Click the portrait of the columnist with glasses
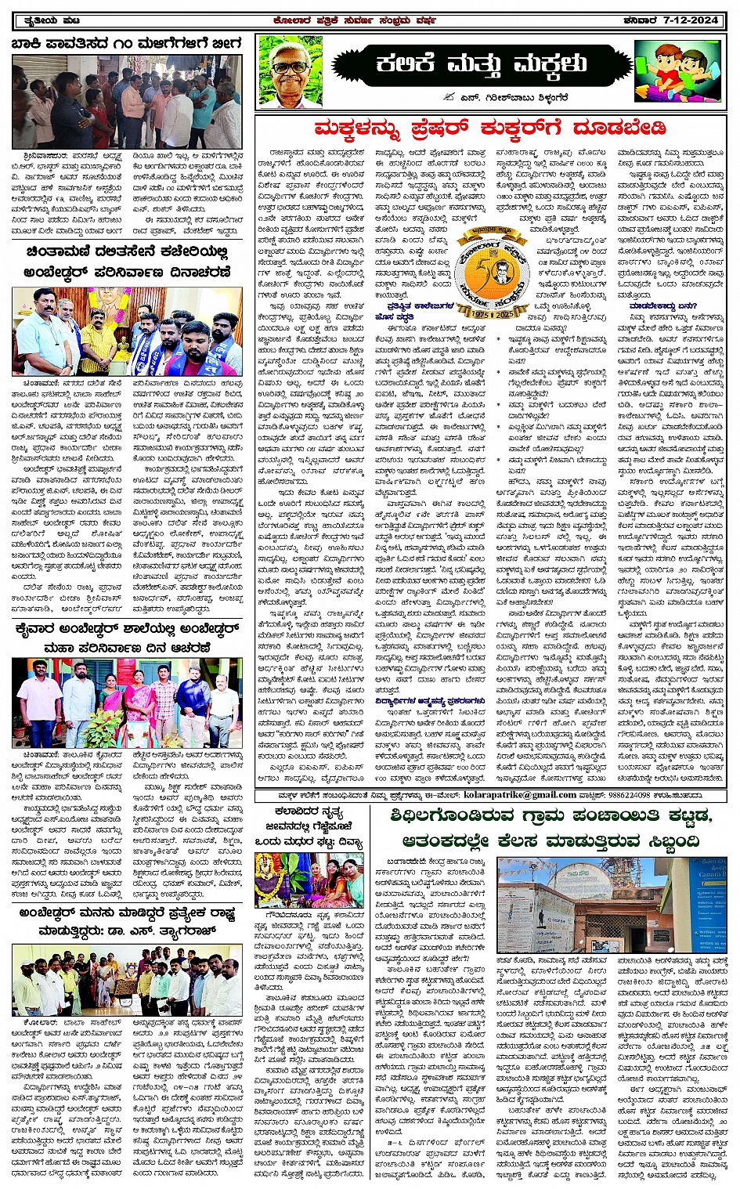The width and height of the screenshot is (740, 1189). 290,72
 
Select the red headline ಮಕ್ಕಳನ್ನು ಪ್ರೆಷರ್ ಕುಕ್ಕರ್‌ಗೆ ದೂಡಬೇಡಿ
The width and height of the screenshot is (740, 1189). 489,128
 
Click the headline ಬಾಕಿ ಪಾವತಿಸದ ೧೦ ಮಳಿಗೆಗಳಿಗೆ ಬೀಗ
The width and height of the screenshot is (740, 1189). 127,44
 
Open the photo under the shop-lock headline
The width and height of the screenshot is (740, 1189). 127,102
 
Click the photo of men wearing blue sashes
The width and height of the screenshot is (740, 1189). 127,331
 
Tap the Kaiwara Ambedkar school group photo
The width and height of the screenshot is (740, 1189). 127,703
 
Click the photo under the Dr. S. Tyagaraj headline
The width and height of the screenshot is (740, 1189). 127,980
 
